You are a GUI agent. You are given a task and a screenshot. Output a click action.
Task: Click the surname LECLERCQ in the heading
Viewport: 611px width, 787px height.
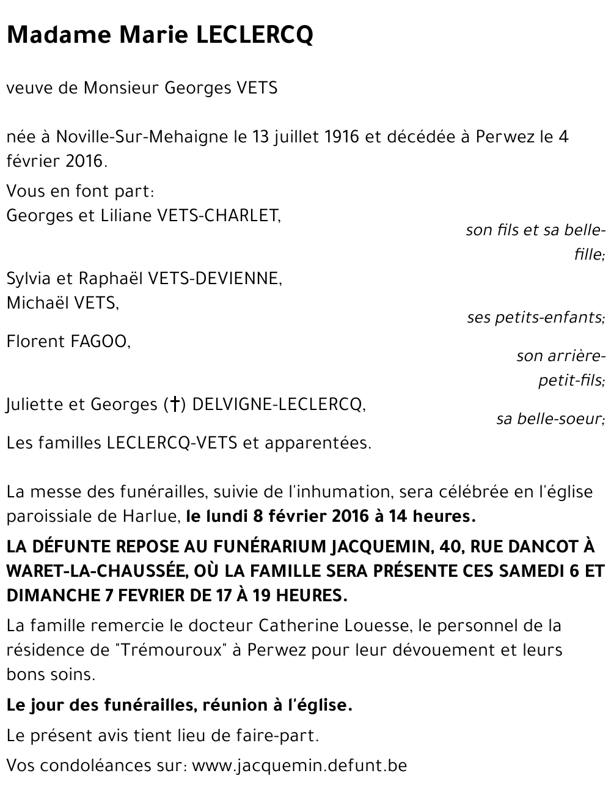tap(254, 35)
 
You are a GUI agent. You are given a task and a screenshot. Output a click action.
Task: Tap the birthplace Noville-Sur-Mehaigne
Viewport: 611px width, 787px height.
tap(143, 136)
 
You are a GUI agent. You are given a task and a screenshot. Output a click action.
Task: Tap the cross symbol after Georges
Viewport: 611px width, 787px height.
tap(175, 404)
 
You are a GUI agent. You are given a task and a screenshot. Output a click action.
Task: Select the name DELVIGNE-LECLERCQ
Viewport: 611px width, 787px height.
tap(279, 404)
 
